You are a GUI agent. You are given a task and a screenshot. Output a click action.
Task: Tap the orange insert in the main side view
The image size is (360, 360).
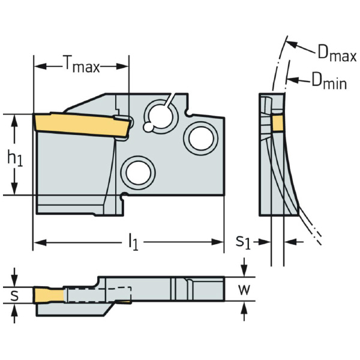[81, 123]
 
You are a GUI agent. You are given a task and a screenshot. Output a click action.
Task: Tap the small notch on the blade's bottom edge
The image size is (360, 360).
[123, 196]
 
